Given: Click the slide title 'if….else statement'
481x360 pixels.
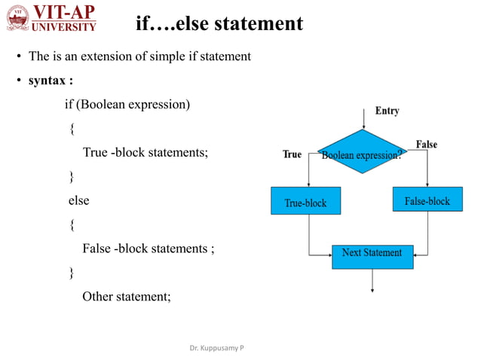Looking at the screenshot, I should pyautogui.click(x=219, y=24).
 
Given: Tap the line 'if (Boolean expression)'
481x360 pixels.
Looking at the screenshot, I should pyautogui.click(x=127, y=104).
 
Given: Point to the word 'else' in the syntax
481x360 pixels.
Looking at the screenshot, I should pyautogui.click(x=78, y=200).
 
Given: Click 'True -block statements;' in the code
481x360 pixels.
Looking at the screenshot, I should pyautogui.click(x=144, y=152).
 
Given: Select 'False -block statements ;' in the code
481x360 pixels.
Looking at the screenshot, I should pyautogui.click(x=148, y=248).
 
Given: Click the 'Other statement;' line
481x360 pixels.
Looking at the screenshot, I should pyautogui.click(x=127, y=296).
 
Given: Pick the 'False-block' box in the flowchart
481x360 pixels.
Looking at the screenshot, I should pyautogui.click(x=427, y=200).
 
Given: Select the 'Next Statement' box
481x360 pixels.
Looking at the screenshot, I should pyautogui.click(x=372, y=254).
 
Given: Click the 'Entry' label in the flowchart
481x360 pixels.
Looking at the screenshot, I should pyautogui.click(x=387, y=111).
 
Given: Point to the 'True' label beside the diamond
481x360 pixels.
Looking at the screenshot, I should pyautogui.click(x=292, y=154).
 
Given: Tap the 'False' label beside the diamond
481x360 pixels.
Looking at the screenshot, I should pyautogui.click(x=426, y=144).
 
